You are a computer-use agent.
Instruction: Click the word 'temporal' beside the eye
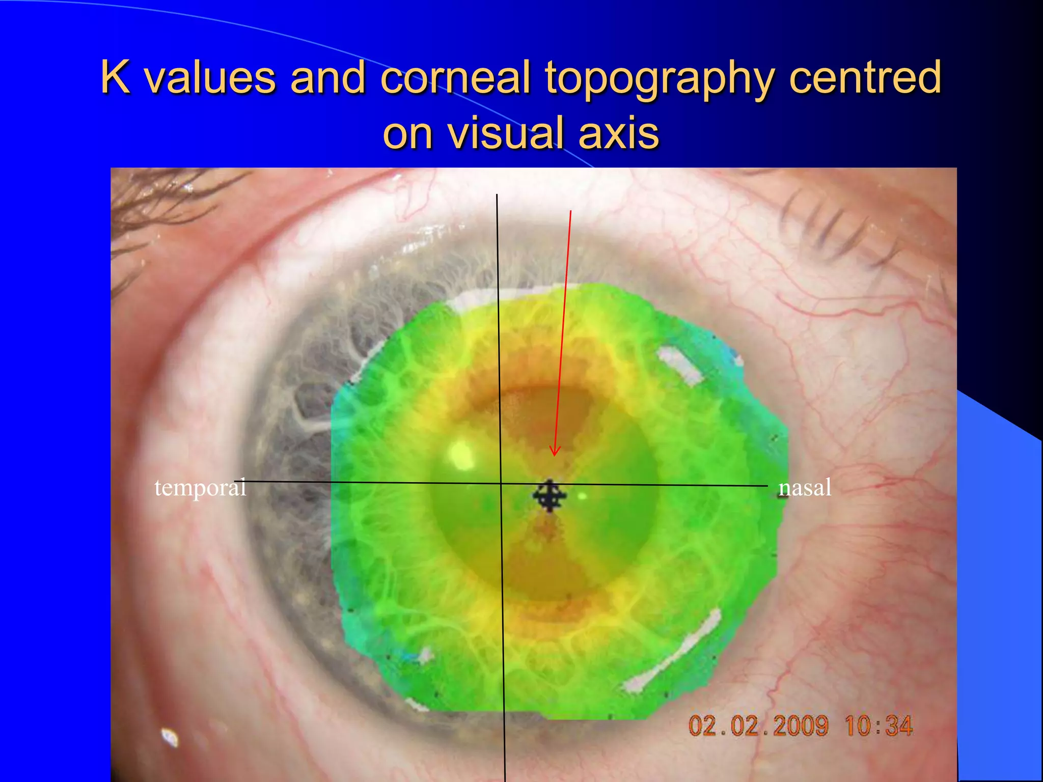click(x=200, y=488)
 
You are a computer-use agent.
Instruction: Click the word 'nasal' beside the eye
click(x=805, y=488)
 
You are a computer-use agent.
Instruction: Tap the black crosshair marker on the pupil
click(x=550, y=495)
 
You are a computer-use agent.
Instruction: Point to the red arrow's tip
click(x=555, y=455)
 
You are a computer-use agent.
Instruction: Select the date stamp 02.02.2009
click(x=758, y=725)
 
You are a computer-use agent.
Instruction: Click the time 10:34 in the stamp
click(x=879, y=725)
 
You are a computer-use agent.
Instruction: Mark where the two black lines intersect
click(x=501, y=483)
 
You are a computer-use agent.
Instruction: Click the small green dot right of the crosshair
click(x=583, y=495)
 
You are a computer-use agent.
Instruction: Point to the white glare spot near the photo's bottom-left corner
click(x=170, y=737)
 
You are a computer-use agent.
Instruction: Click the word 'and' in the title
click(x=327, y=77)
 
